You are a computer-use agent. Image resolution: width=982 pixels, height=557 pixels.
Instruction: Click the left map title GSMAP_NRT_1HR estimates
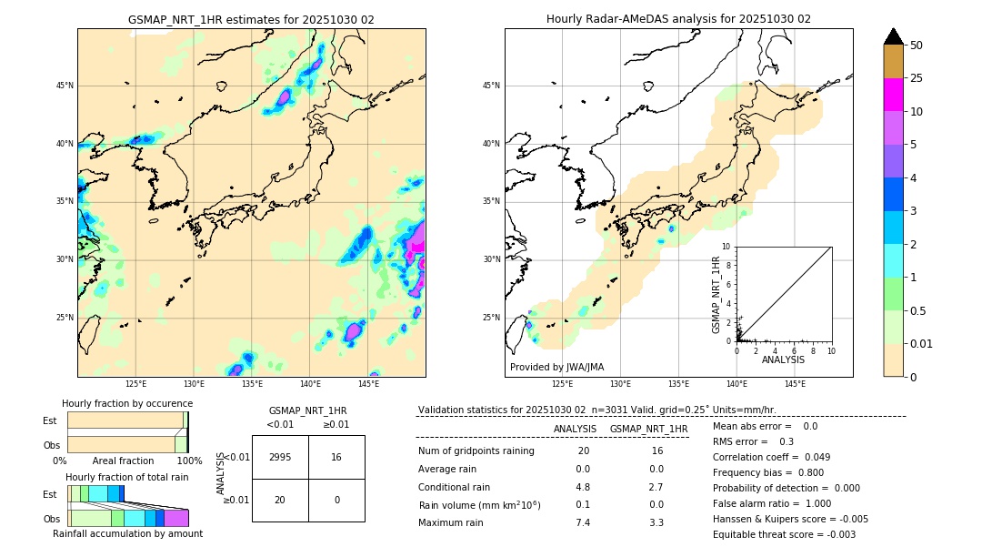click(251, 19)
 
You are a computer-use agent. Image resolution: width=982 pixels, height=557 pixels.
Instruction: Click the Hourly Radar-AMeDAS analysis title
click(678, 19)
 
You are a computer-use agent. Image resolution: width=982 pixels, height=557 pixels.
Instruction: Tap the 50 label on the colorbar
click(917, 46)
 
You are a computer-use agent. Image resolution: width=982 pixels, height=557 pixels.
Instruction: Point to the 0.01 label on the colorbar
click(922, 343)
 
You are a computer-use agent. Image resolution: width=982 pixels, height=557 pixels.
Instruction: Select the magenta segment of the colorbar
click(893, 95)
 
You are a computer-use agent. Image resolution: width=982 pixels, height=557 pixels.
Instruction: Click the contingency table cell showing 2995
click(280, 457)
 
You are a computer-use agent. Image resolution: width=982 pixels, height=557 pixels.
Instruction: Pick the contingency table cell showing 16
click(336, 457)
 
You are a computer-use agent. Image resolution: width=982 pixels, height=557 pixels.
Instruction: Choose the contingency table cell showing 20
click(280, 500)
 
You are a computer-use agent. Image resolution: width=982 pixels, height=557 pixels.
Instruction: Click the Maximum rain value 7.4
click(583, 522)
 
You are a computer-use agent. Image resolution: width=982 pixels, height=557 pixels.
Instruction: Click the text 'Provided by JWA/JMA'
click(556, 367)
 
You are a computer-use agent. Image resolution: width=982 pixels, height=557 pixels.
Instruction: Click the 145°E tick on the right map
click(795, 384)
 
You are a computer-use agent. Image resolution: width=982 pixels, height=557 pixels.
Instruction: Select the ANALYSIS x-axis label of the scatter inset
click(783, 360)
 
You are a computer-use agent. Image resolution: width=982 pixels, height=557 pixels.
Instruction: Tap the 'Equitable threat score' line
click(784, 534)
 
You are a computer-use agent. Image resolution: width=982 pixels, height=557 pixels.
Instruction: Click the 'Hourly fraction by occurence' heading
click(127, 403)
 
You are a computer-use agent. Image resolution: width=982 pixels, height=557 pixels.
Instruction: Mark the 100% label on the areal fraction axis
click(189, 461)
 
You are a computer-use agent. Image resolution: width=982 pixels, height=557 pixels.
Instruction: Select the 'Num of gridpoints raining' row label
click(476, 451)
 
